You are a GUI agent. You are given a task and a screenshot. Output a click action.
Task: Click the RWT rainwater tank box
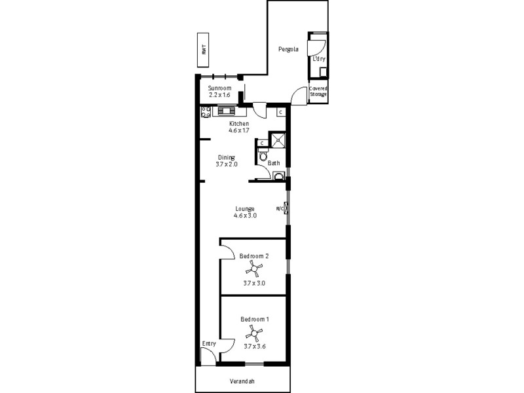(x=204, y=50)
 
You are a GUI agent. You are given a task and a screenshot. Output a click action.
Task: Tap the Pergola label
(x=288, y=49)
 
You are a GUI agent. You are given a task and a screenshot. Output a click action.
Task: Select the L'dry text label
(x=318, y=60)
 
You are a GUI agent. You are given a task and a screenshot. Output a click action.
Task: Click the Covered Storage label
(x=318, y=91)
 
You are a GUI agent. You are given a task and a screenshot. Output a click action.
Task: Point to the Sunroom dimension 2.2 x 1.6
(x=219, y=95)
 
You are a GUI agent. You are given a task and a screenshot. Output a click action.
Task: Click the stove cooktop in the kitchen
(x=205, y=111)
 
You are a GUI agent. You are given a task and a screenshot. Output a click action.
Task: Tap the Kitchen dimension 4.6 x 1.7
(x=238, y=130)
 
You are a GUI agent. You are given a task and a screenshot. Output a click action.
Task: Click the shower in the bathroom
(x=278, y=140)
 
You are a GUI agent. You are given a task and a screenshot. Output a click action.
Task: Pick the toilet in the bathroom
(x=263, y=156)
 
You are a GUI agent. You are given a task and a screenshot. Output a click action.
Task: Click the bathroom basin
(x=278, y=176)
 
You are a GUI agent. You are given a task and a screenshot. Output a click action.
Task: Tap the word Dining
(x=226, y=157)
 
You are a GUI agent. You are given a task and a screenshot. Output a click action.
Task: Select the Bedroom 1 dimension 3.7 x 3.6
(x=254, y=346)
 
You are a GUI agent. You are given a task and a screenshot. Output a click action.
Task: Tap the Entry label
(x=209, y=343)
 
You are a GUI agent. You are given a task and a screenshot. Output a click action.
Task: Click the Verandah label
(x=242, y=381)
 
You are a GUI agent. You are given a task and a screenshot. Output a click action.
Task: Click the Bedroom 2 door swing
(x=227, y=250)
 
